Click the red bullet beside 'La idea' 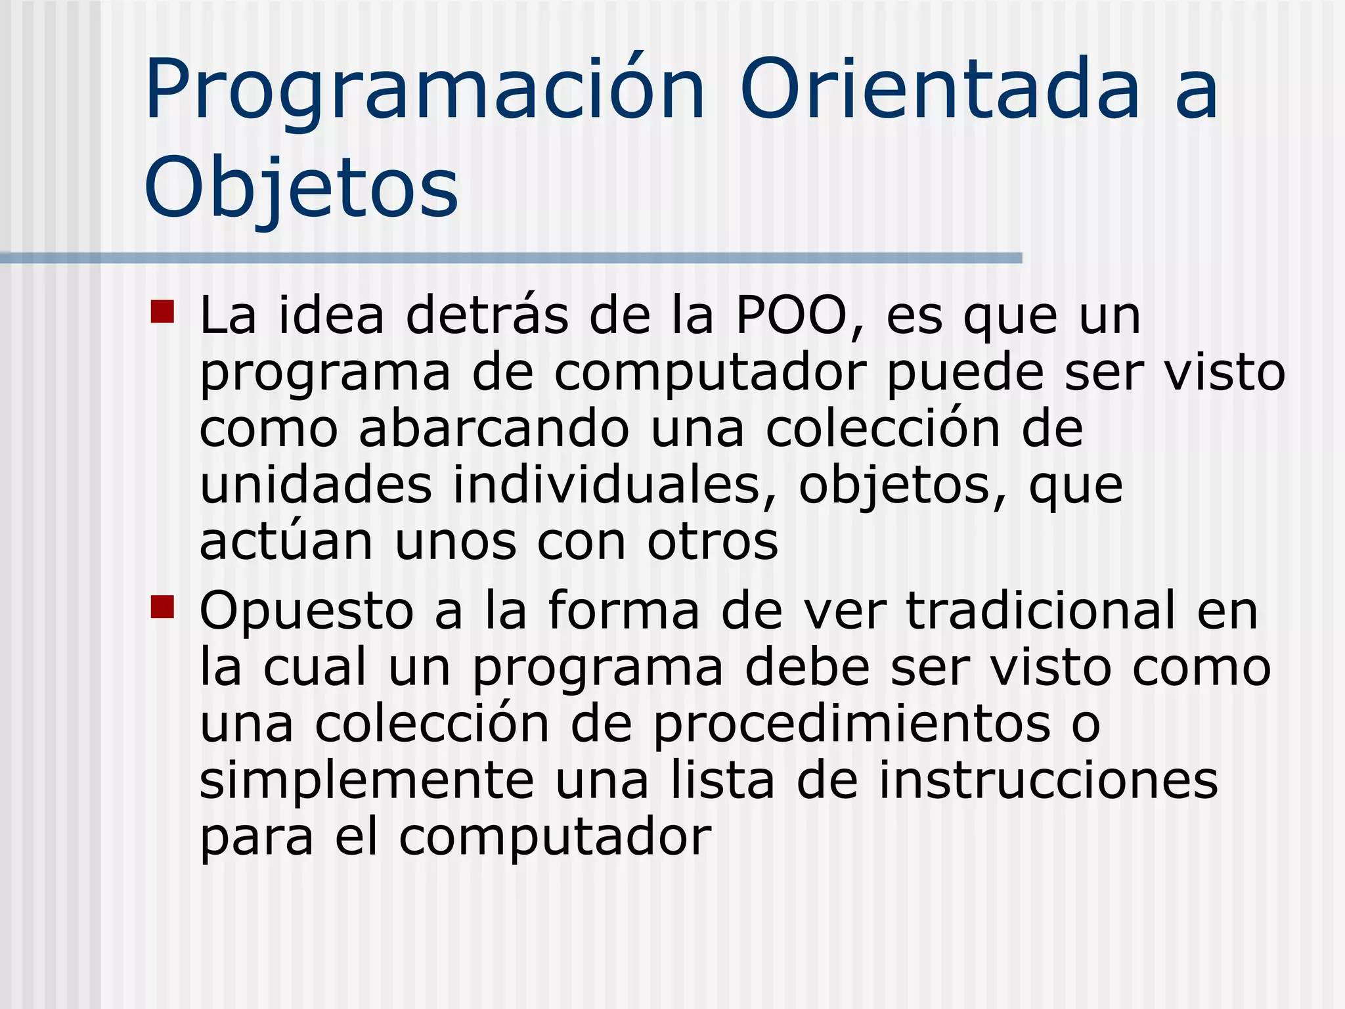162,312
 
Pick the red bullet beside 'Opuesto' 162,607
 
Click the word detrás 487,316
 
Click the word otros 713,543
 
